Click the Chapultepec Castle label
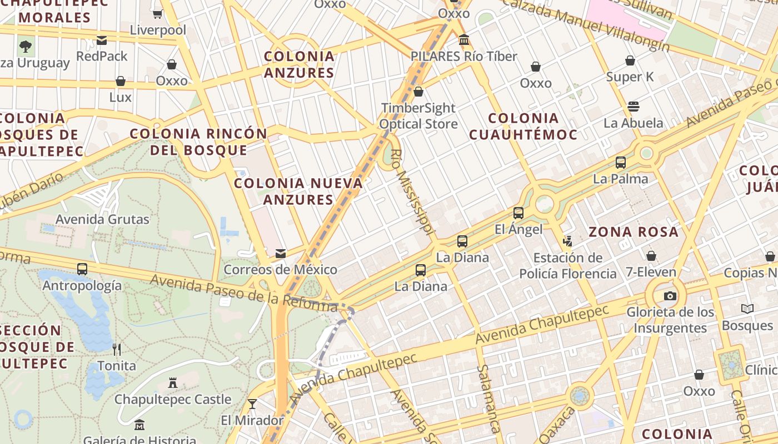173,400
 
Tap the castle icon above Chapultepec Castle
173,383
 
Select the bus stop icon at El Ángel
518,213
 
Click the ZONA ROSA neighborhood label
634,232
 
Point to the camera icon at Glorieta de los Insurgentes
670,296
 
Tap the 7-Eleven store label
651,273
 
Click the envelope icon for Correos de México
281,254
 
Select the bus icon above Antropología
82,269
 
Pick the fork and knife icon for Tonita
117,349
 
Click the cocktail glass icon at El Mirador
252,403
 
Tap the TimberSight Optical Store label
418,115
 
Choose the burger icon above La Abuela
634,106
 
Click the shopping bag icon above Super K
630,60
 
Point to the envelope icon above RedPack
102,40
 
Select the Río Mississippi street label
412,192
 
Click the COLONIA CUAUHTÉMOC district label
523,126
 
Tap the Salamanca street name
488,398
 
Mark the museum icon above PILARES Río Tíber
464,40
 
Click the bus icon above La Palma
621,163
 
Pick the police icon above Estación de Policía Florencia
568,241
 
